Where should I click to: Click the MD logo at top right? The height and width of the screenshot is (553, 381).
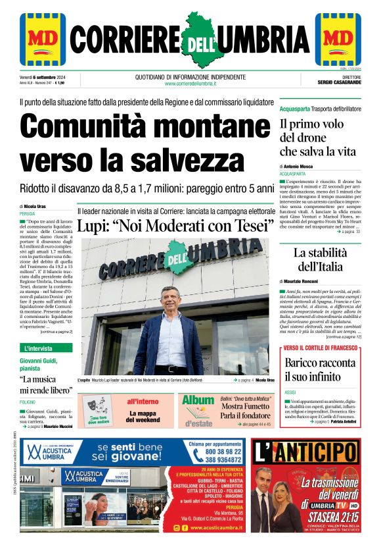click(x=338, y=39)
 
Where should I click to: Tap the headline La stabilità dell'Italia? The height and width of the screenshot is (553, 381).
click(x=319, y=260)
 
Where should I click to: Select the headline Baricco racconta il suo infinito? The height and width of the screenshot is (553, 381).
click(x=320, y=369)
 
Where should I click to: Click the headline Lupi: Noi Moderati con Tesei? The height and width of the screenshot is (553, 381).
click(x=175, y=226)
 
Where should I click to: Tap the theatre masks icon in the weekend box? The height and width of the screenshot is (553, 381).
click(x=97, y=404)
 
